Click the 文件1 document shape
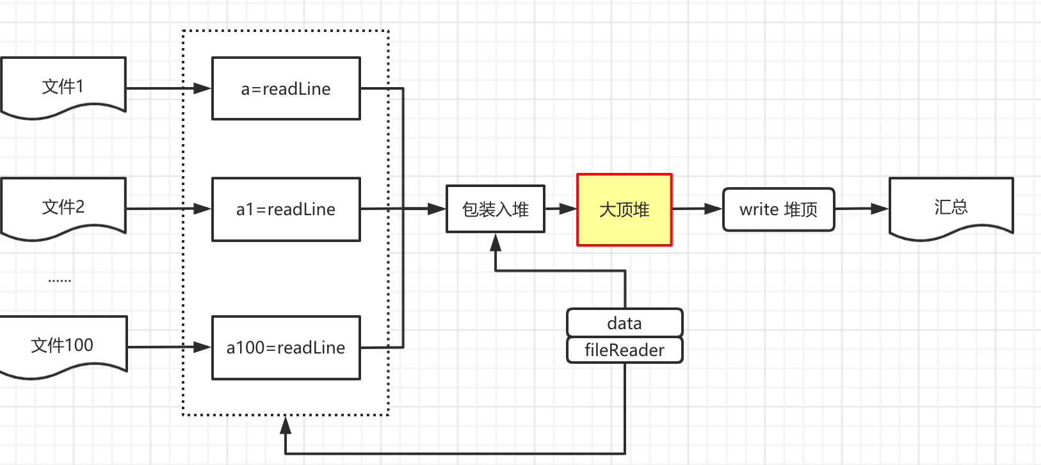click(63, 86)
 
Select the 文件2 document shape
click(63, 207)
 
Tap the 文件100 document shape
click(63, 345)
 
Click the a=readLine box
click(286, 88)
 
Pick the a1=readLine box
click(286, 209)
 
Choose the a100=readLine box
click(286, 348)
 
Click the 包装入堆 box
click(496, 209)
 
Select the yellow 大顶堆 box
click(624, 209)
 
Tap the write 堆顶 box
click(779, 209)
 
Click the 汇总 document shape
click(951, 207)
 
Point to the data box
click(624, 323)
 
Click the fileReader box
click(624, 350)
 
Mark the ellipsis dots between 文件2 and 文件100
click(60, 281)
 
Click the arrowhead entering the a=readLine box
click(202, 88)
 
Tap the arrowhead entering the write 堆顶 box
click(713, 209)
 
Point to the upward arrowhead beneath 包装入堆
click(496, 243)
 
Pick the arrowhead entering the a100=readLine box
click(202, 347)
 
